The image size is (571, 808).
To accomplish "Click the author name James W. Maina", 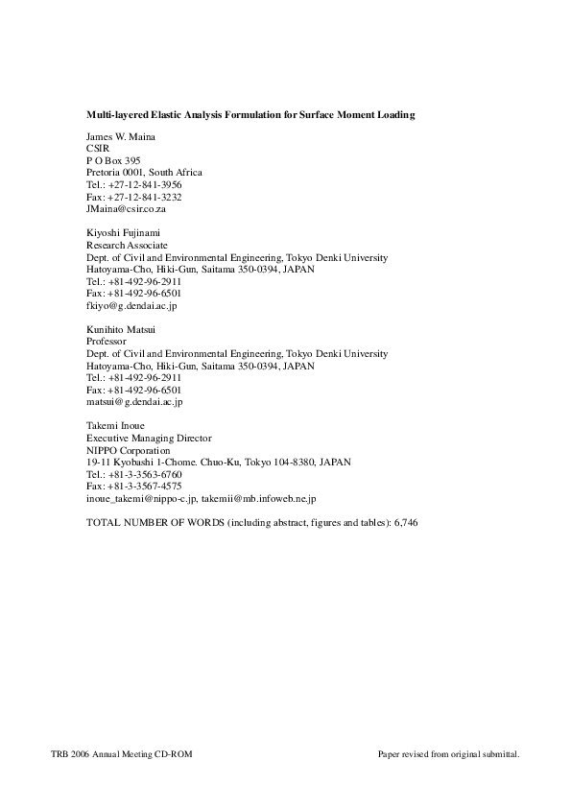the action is (x=121, y=137).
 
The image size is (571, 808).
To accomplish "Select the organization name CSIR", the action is (x=97, y=149).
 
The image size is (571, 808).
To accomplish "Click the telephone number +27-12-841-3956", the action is (x=145, y=184).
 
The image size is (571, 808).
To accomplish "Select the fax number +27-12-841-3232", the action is (x=145, y=197).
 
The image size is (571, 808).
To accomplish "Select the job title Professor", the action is (x=107, y=342).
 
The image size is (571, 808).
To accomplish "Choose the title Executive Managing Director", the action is (x=142, y=439).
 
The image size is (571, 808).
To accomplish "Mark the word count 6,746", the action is (x=406, y=523).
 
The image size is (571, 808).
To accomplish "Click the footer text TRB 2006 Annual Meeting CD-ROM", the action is (x=122, y=755).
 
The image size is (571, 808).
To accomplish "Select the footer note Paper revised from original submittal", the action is (x=448, y=755).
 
